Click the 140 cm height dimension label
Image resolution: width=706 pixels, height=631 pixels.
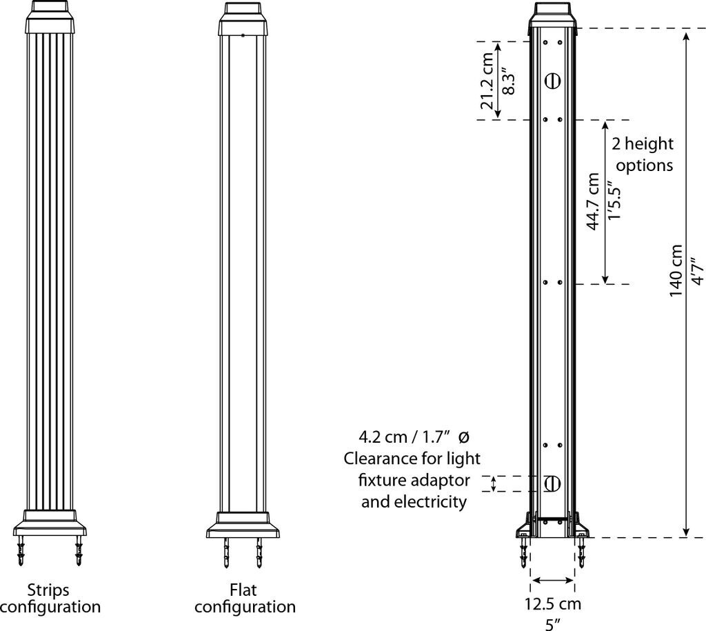tap(676, 271)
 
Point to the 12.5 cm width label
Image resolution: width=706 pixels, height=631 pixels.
tap(552, 604)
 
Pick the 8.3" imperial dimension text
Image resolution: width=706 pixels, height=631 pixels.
tap(509, 81)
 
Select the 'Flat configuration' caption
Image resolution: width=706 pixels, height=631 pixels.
tap(245, 598)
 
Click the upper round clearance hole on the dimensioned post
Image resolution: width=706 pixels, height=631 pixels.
tap(552, 81)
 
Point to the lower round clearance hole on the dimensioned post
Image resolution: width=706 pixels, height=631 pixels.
tap(552, 483)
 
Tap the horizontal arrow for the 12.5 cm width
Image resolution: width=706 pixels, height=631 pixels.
tap(552, 580)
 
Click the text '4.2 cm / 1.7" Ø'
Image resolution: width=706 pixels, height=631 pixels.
tap(414, 437)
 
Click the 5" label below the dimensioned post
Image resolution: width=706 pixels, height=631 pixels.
tap(552, 623)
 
